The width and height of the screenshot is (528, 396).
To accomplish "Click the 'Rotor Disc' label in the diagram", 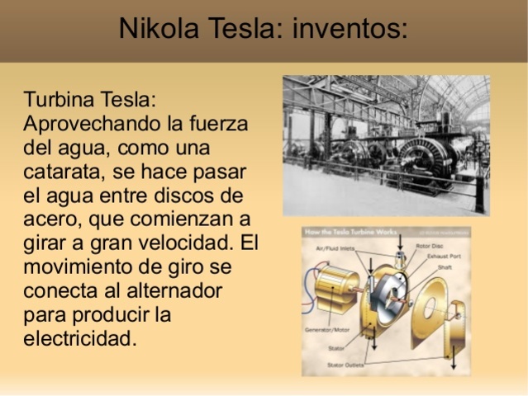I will click(x=429, y=245).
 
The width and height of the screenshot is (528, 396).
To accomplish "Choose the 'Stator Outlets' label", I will click(x=346, y=363).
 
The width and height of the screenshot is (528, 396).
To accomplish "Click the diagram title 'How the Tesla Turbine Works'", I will click(x=350, y=233).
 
